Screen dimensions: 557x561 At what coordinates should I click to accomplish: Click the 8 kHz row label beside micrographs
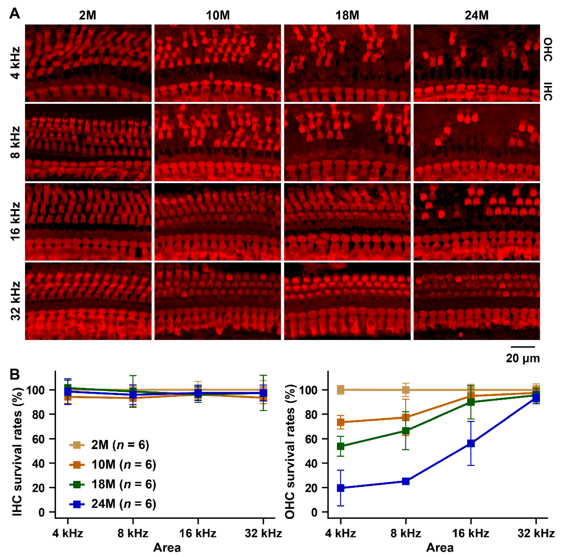[x=15, y=142]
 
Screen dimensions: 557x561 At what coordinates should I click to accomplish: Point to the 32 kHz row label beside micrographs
[x=15, y=301]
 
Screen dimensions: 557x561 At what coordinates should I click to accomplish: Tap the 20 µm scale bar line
[x=522, y=347]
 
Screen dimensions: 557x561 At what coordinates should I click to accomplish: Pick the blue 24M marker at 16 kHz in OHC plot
[x=471, y=443]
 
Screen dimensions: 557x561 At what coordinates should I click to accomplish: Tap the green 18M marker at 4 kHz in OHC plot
[x=341, y=446]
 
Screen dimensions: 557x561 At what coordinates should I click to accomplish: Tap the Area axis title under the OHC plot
[x=440, y=547]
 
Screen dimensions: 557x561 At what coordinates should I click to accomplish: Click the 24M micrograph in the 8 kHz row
[x=477, y=142]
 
